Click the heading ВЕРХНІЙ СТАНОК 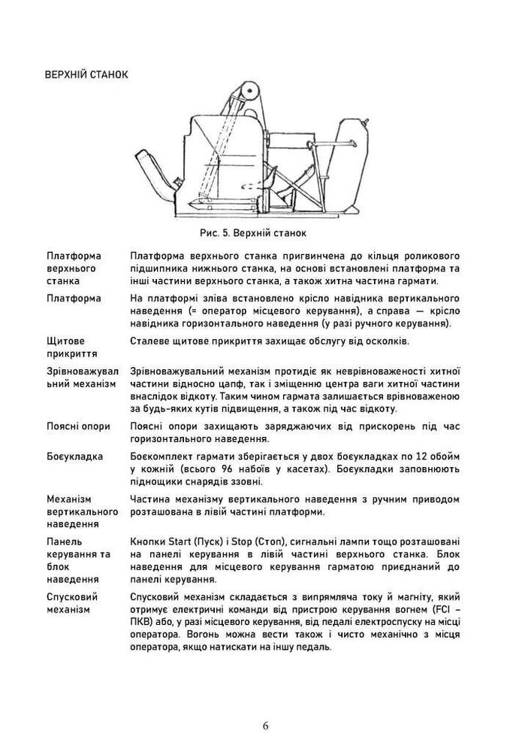86,75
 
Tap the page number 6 266,726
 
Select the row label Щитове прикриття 66,347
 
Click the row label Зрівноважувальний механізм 81,378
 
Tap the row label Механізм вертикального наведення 82,511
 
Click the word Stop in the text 248,541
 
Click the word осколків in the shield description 382,341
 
